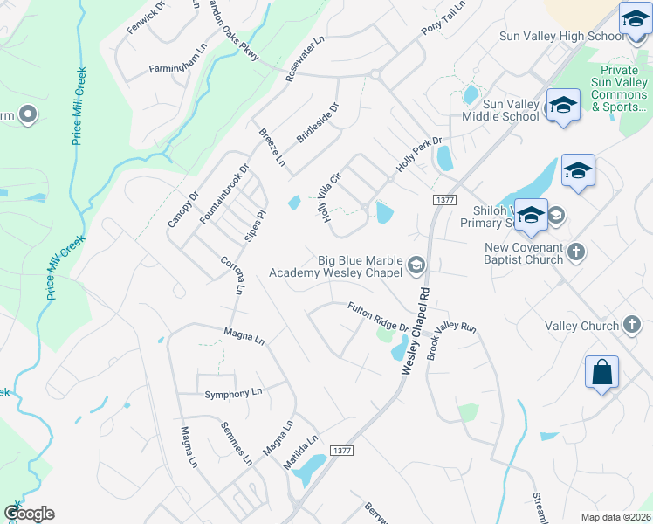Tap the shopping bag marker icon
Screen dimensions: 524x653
(x=602, y=373)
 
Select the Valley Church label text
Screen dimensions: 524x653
(x=581, y=326)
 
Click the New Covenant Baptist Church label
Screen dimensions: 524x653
(x=525, y=252)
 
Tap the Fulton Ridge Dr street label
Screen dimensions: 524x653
(x=378, y=317)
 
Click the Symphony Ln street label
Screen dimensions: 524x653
(x=233, y=393)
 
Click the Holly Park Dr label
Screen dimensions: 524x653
(x=420, y=154)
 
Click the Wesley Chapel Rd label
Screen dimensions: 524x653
(x=415, y=333)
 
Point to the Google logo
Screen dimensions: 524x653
(x=29, y=514)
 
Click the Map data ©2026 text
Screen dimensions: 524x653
(x=615, y=517)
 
